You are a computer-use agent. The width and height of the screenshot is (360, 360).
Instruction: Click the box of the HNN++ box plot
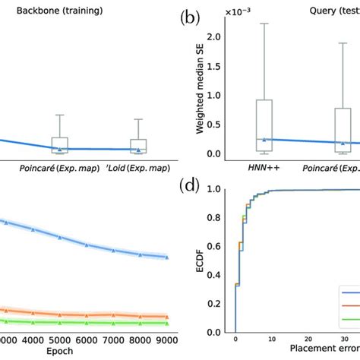tap(264, 122)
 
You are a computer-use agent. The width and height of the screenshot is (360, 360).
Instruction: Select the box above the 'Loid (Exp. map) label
tap(138, 145)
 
